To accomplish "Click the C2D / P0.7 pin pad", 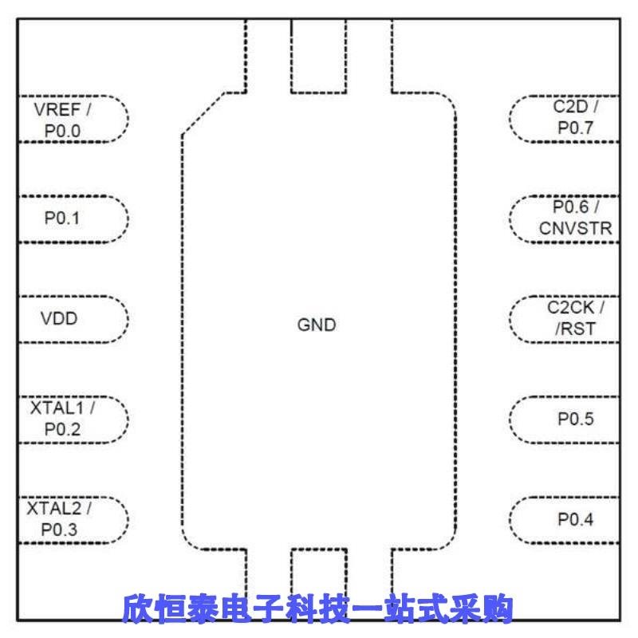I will coord(563,118).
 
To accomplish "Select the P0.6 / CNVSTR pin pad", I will coord(563,218).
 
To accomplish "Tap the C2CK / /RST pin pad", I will coord(563,318).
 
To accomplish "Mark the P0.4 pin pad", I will coord(563,519).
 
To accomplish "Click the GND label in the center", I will coord(317,325).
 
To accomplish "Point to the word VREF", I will coord(57,109).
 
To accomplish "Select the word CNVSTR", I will coord(575,229).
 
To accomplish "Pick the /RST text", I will coord(576,328).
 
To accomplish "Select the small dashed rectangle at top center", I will coord(318,56).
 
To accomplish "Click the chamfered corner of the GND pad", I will coord(203,113).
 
